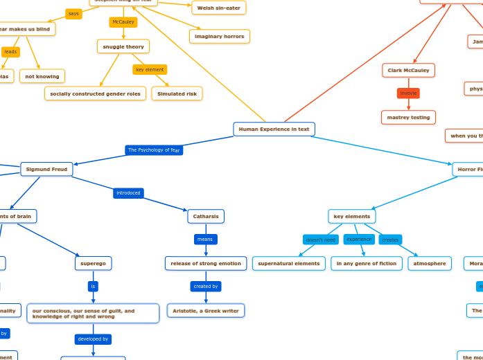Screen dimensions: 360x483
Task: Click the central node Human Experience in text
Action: [274, 129]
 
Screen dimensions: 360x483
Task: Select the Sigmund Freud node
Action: [46, 169]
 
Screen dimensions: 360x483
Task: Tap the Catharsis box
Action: [206, 216]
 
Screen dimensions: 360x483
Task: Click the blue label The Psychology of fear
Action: [154, 150]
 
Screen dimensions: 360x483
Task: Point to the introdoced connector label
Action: [128, 193]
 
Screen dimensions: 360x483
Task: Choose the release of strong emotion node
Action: [205, 263]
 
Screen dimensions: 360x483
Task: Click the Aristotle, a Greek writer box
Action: [205, 311]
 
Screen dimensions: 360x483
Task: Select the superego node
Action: [93, 263]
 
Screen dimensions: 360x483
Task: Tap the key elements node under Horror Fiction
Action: [352, 216]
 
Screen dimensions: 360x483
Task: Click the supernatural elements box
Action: [288, 263]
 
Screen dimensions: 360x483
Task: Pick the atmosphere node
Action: [430, 263]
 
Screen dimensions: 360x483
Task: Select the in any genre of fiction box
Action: [367, 263]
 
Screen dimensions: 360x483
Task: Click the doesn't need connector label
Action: [321, 240]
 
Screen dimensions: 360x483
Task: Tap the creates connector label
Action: [390, 240]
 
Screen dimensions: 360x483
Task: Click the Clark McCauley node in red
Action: [408, 70]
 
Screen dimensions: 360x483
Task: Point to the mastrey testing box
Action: [408, 117]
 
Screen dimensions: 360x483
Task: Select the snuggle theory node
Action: [123, 46]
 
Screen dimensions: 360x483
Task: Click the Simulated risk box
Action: [177, 93]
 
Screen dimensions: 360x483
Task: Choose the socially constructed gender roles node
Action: [95, 93]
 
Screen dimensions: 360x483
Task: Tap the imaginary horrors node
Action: [219, 36]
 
